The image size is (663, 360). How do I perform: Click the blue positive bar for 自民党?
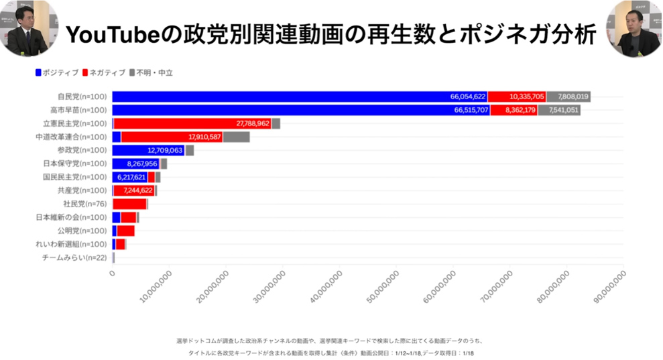[x=282, y=97]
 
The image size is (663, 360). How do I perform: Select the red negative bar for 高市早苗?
[x=513, y=110]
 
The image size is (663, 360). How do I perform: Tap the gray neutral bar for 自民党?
[x=568, y=97]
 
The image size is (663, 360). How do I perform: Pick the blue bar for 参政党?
[x=147, y=150]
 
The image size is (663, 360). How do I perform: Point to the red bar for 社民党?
[x=129, y=204]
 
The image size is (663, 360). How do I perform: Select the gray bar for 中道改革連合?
[x=236, y=137]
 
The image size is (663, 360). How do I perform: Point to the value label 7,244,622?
[x=138, y=190]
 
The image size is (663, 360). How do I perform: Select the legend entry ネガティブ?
[x=105, y=72]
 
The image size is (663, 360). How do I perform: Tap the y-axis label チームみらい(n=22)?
[x=74, y=257]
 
